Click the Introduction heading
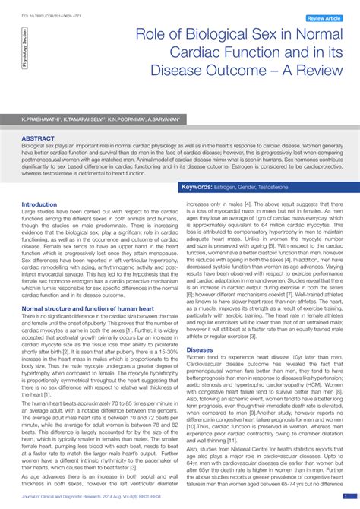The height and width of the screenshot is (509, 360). click(x=39, y=204)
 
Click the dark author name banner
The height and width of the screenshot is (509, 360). click(x=180, y=119)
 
